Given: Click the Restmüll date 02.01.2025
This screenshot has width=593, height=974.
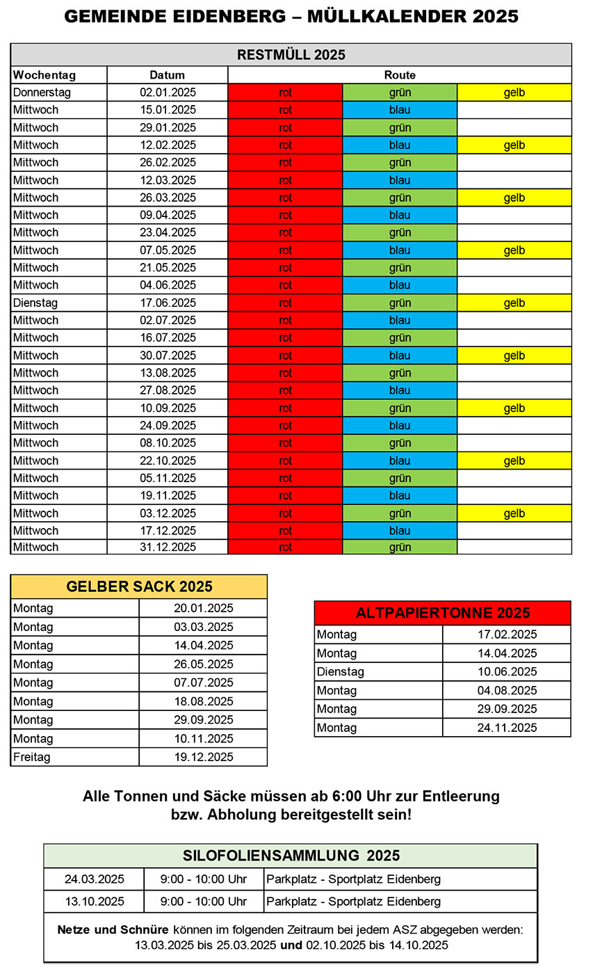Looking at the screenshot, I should tap(168, 93).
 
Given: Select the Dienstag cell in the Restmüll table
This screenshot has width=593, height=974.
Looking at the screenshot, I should tap(35, 303).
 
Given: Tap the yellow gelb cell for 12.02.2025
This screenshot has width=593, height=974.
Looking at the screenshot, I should tap(514, 145).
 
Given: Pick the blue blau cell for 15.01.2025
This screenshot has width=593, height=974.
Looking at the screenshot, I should tap(400, 110).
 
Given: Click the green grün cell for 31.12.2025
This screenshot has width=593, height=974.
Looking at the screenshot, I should tap(400, 548).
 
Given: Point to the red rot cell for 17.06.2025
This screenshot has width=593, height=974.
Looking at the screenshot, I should tap(285, 303).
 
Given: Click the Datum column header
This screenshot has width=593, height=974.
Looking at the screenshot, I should tap(168, 75).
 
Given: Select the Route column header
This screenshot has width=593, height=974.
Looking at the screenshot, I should tap(400, 75).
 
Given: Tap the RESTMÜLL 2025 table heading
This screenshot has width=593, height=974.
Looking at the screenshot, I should tap(291, 55).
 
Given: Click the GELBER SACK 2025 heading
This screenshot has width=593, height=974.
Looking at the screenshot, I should tap(139, 586).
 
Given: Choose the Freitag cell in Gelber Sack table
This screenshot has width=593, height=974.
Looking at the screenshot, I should tap(32, 757).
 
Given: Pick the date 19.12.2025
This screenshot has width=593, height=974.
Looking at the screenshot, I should tap(203, 757).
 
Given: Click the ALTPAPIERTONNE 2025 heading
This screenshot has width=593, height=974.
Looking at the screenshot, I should tap(442, 613).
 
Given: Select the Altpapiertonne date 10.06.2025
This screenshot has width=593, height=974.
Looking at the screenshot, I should tap(507, 672).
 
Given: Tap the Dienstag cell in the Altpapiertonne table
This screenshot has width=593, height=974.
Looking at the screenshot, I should tap(341, 672).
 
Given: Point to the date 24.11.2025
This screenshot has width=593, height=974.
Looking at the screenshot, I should tap(507, 728).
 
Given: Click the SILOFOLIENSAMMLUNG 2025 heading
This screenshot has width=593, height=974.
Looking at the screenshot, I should tap(291, 856).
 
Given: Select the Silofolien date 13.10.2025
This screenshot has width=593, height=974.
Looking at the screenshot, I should tap(95, 902).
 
